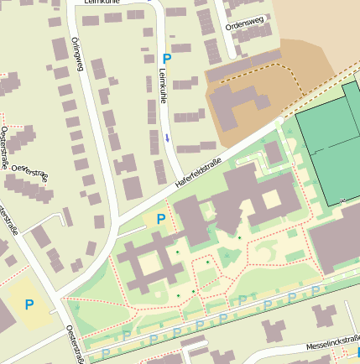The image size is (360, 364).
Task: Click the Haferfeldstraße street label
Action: click(198, 172)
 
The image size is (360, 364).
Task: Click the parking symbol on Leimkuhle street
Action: click(166, 59)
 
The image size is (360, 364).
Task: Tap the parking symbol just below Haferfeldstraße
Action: click(160, 219)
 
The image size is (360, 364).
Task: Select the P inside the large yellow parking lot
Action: click(29, 304)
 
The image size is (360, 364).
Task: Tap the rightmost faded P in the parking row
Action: click(316, 291)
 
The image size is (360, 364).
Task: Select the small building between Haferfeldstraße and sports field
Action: click(274, 153)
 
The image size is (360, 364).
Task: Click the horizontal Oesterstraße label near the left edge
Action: click(30, 173)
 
